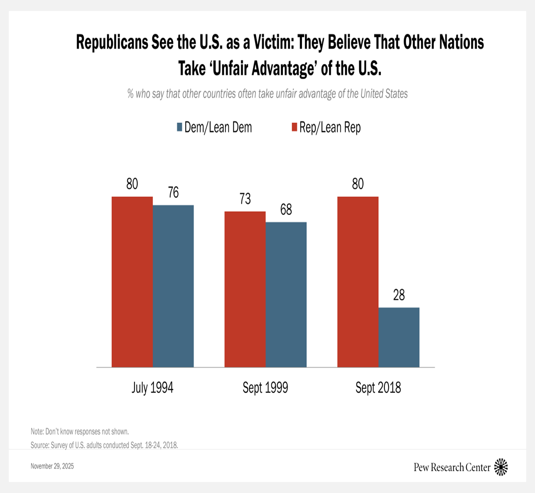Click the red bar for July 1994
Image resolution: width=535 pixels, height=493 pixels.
click(x=132, y=282)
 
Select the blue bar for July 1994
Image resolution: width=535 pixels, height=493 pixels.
click(x=173, y=286)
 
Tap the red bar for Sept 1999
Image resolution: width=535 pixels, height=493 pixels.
click(x=245, y=289)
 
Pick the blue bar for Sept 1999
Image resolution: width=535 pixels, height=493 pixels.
click(x=286, y=294)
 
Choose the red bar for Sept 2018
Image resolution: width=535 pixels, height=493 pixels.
click(x=358, y=282)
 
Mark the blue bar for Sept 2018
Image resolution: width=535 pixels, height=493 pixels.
click(x=399, y=337)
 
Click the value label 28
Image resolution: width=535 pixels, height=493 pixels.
click(x=399, y=295)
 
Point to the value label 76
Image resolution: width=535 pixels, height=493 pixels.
click(x=173, y=193)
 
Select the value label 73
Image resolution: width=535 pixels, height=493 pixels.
click(x=245, y=199)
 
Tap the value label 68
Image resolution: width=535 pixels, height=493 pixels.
click(x=286, y=210)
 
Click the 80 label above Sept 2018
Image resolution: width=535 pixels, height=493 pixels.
click(x=358, y=184)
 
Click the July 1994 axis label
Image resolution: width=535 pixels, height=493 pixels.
click(x=152, y=388)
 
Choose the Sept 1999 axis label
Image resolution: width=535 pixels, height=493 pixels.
click(x=265, y=388)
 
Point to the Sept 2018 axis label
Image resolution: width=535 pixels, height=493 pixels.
click(x=378, y=388)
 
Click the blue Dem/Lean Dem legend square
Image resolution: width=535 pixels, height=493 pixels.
click(x=180, y=127)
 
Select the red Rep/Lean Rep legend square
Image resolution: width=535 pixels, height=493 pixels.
click(x=294, y=127)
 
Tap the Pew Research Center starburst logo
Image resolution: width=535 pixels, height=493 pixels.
click(x=501, y=467)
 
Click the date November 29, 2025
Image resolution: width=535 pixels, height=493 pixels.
click(x=52, y=466)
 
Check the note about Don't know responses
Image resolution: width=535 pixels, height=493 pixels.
click(x=79, y=432)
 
